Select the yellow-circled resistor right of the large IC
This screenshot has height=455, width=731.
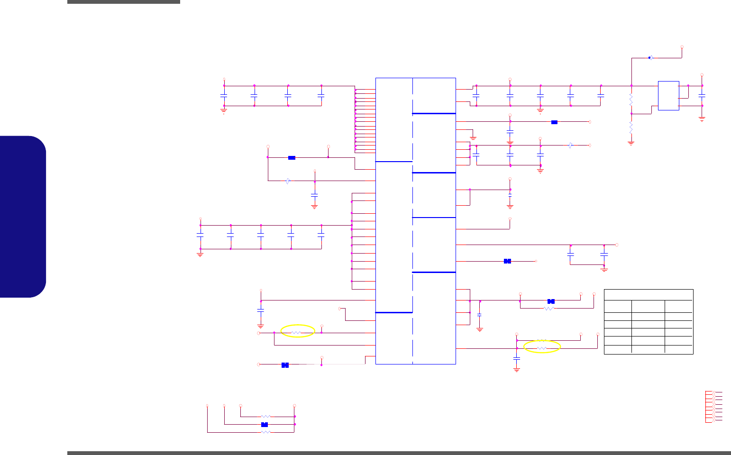pyautogui.click(x=542, y=348)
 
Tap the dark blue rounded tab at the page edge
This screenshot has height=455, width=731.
pyautogui.click(x=23, y=217)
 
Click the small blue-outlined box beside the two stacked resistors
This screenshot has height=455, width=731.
pyautogui.click(x=668, y=96)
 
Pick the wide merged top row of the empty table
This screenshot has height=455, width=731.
pyautogui.click(x=649, y=294)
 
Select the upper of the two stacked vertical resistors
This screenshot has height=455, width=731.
pyautogui.click(x=631, y=100)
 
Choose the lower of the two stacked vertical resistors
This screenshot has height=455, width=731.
pyautogui.click(x=631, y=127)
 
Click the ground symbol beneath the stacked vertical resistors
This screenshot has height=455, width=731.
pyautogui.click(x=631, y=142)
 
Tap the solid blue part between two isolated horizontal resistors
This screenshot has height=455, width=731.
pyautogui.click(x=265, y=424)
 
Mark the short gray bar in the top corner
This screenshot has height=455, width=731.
pyautogui.click(x=124, y=2)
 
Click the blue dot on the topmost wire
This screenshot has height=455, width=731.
pyautogui.click(x=649, y=58)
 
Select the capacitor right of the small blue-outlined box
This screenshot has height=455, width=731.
pyautogui.click(x=702, y=96)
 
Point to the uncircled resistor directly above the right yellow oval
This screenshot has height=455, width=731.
pyautogui.click(x=542, y=341)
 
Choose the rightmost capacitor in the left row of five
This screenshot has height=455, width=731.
pyautogui.click(x=321, y=235)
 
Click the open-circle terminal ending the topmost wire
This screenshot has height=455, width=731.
pyautogui.click(x=682, y=47)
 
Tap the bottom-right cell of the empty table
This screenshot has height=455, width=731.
pyautogui.click(x=679, y=349)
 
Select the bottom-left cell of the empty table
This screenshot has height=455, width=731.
pyautogui.click(x=618, y=349)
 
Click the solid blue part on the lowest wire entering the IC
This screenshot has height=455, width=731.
pyautogui.click(x=285, y=365)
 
